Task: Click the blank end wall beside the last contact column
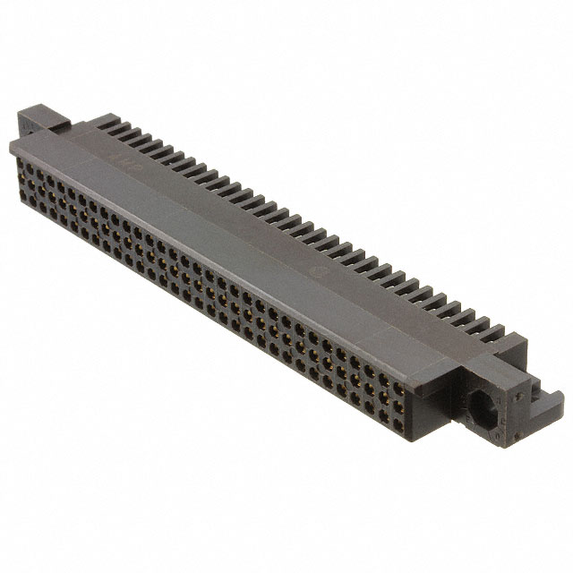pyautogui.click(x=420, y=394)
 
